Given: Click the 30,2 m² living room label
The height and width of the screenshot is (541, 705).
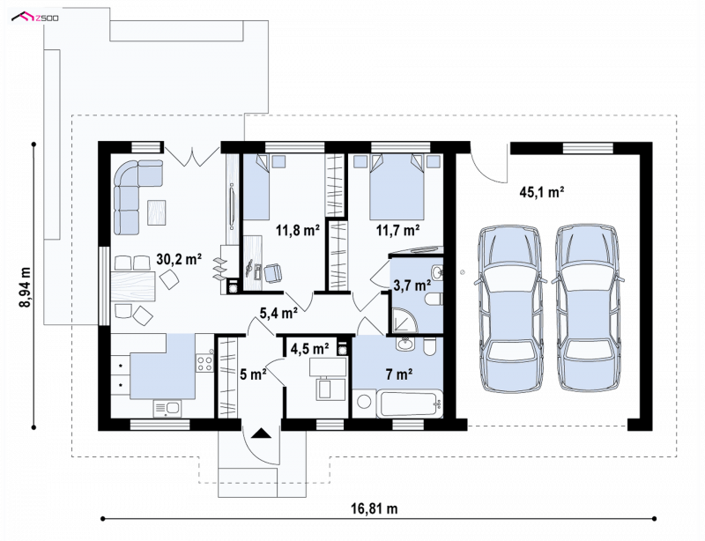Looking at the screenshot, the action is (179, 259).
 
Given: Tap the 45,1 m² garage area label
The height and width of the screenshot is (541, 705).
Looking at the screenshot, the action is (542, 192).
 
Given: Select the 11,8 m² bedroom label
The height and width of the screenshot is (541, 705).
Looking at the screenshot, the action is (298, 231).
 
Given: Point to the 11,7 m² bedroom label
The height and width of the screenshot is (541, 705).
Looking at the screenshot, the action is (398, 231).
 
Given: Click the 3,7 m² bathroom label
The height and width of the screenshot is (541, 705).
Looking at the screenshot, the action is (412, 285).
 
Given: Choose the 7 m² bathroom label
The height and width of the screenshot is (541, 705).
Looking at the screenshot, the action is (399, 374).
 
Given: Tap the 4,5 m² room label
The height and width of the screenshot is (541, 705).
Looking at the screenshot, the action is (310, 349).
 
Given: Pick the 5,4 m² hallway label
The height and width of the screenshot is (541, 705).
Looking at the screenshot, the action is (278, 313).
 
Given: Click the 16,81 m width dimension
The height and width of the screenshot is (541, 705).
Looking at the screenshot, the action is (374, 508).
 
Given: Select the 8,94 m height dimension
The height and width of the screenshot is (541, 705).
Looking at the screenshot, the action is (26, 287).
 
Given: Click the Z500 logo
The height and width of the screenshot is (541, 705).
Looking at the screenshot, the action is (35, 18).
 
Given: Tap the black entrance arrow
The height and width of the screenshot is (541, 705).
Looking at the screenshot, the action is (261, 434).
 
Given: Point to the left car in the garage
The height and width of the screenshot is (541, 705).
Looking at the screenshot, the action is (509, 309).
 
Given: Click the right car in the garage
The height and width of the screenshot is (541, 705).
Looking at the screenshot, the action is (588, 309).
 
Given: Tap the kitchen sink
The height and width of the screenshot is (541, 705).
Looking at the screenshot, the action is (167, 409).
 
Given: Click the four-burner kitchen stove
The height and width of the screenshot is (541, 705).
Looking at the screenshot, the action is (205, 363).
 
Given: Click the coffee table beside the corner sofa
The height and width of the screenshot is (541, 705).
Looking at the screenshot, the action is (157, 212).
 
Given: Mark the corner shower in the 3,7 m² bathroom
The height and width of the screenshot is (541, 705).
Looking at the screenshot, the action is (404, 320).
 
